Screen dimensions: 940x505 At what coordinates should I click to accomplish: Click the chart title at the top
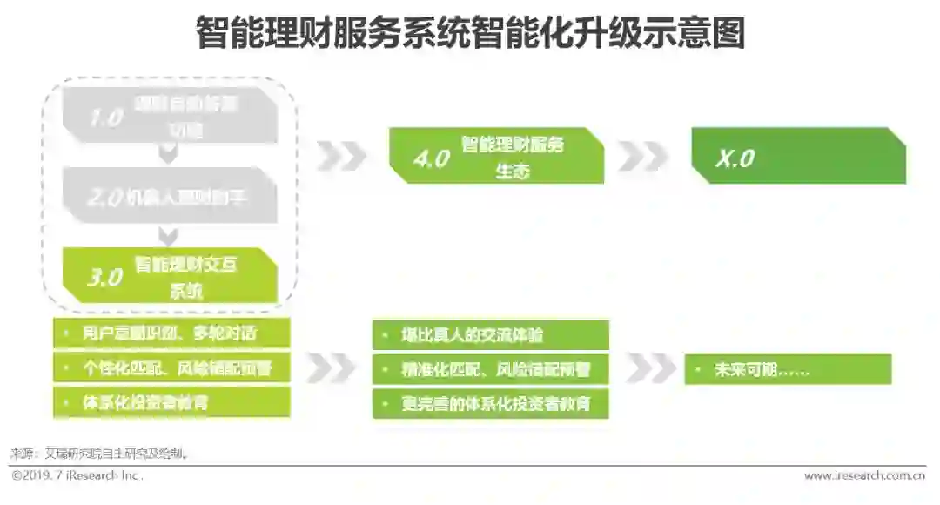[470, 35]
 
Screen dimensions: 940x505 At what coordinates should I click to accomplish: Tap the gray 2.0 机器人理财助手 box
[170, 198]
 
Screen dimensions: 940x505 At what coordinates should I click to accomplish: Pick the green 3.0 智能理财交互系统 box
[170, 276]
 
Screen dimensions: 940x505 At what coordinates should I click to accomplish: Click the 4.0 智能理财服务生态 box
[496, 157]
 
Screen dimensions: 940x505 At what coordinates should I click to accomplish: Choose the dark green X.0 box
[798, 158]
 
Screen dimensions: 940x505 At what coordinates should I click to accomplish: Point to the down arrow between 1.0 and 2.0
[170, 154]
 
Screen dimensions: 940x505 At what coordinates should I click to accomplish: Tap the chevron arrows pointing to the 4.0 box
[341, 156]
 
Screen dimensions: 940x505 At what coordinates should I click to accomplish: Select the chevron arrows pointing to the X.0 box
[643, 156]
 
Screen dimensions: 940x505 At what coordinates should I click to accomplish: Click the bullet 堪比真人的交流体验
[490, 335]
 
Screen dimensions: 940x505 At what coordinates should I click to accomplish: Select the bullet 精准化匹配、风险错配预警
[490, 369]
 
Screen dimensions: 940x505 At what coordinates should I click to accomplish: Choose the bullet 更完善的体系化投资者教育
[490, 404]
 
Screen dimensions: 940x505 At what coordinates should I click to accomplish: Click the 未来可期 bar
[788, 369]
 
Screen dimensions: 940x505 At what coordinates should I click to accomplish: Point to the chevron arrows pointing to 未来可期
[650, 368]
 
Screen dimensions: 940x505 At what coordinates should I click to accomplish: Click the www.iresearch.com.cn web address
[863, 475]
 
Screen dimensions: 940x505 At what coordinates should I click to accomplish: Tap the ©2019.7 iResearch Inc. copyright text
[77, 475]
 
